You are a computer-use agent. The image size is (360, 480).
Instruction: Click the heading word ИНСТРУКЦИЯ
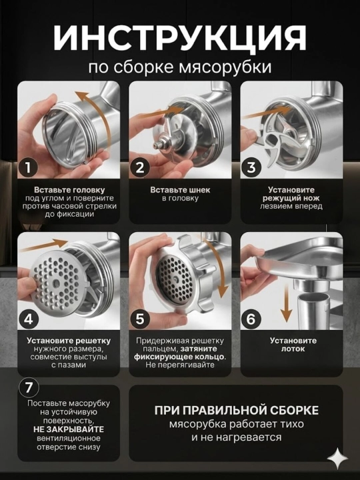tap(180, 38)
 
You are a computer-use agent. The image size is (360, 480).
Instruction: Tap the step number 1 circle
tap(28, 167)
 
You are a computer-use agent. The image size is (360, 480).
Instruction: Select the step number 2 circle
tap(139, 167)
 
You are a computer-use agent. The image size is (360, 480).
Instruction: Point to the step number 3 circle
tap(251, 167)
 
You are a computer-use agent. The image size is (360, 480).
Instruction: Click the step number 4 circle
tap(28, 319)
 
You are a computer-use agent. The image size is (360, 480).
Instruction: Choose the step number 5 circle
tap(139, 319)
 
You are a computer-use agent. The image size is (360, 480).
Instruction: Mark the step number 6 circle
tap(251, 319)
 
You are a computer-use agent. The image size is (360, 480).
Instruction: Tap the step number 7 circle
tap(29, 387)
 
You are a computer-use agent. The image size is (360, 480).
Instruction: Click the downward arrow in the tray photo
tap(286, 303)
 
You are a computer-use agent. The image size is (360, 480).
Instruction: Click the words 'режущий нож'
tap(291, 198)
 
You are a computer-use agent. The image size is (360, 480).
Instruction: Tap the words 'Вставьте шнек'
tap(180, 190)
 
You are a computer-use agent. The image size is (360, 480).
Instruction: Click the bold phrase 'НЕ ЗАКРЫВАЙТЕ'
tap(69, 429)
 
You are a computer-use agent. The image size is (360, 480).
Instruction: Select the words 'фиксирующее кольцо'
tap(179, 357)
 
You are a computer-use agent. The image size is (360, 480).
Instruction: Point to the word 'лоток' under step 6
tap(293, 349)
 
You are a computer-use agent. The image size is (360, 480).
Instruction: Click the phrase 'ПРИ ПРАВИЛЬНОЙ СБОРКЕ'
tap(236, 410)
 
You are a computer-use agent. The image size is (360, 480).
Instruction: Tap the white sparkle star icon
tap(337, 459)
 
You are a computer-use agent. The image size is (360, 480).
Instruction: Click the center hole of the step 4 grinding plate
tap(56, 283)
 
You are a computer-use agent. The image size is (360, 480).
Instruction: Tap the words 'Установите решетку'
tap(69, 341)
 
